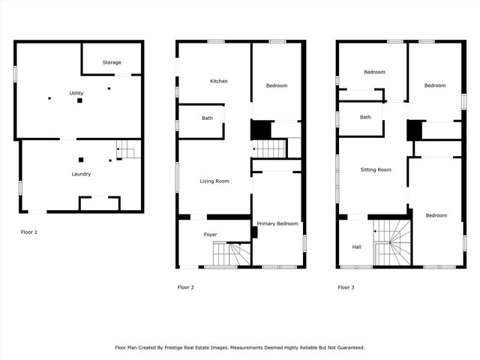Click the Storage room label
click(x=112, y=62)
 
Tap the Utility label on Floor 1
click(x=76, y=93)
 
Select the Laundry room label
click(x=81, y=174)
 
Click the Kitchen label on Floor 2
click(x=219, y=81)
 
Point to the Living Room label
click(x=214, y=181)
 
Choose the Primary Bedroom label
click(x=277, y=223)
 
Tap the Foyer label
click(x=211, y=235)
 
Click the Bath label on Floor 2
click(x=207, y=118)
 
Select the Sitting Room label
click(x=375, y=169)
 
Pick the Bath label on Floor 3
click(x=365, y=117)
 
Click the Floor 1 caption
click(x=28, y=232)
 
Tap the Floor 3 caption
click(x=346, y=287)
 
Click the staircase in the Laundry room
click(x=127, y=152)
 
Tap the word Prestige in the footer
click(x=187, y=347)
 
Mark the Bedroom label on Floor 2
click(x=277, y=85)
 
